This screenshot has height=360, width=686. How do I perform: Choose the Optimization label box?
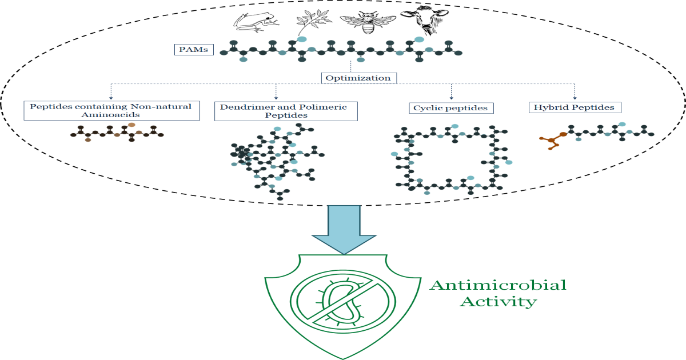(x=358, y=78)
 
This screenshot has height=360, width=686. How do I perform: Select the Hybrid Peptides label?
(x=574, y=107)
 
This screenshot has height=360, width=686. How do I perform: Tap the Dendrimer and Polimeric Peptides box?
(x=286, y=111)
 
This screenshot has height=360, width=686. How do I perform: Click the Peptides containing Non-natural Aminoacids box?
(x=111, y=110)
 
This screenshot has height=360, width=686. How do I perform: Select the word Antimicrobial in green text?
(x=498, y=285)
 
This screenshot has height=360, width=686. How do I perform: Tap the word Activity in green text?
(x=498, y=301)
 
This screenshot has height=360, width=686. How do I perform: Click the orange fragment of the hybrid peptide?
(x=553, y=139)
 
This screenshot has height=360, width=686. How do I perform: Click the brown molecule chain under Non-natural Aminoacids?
(x=117, y=134)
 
